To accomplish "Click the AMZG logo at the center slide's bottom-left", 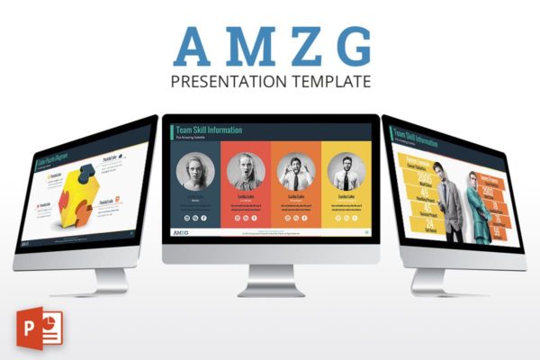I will pos(181,233).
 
